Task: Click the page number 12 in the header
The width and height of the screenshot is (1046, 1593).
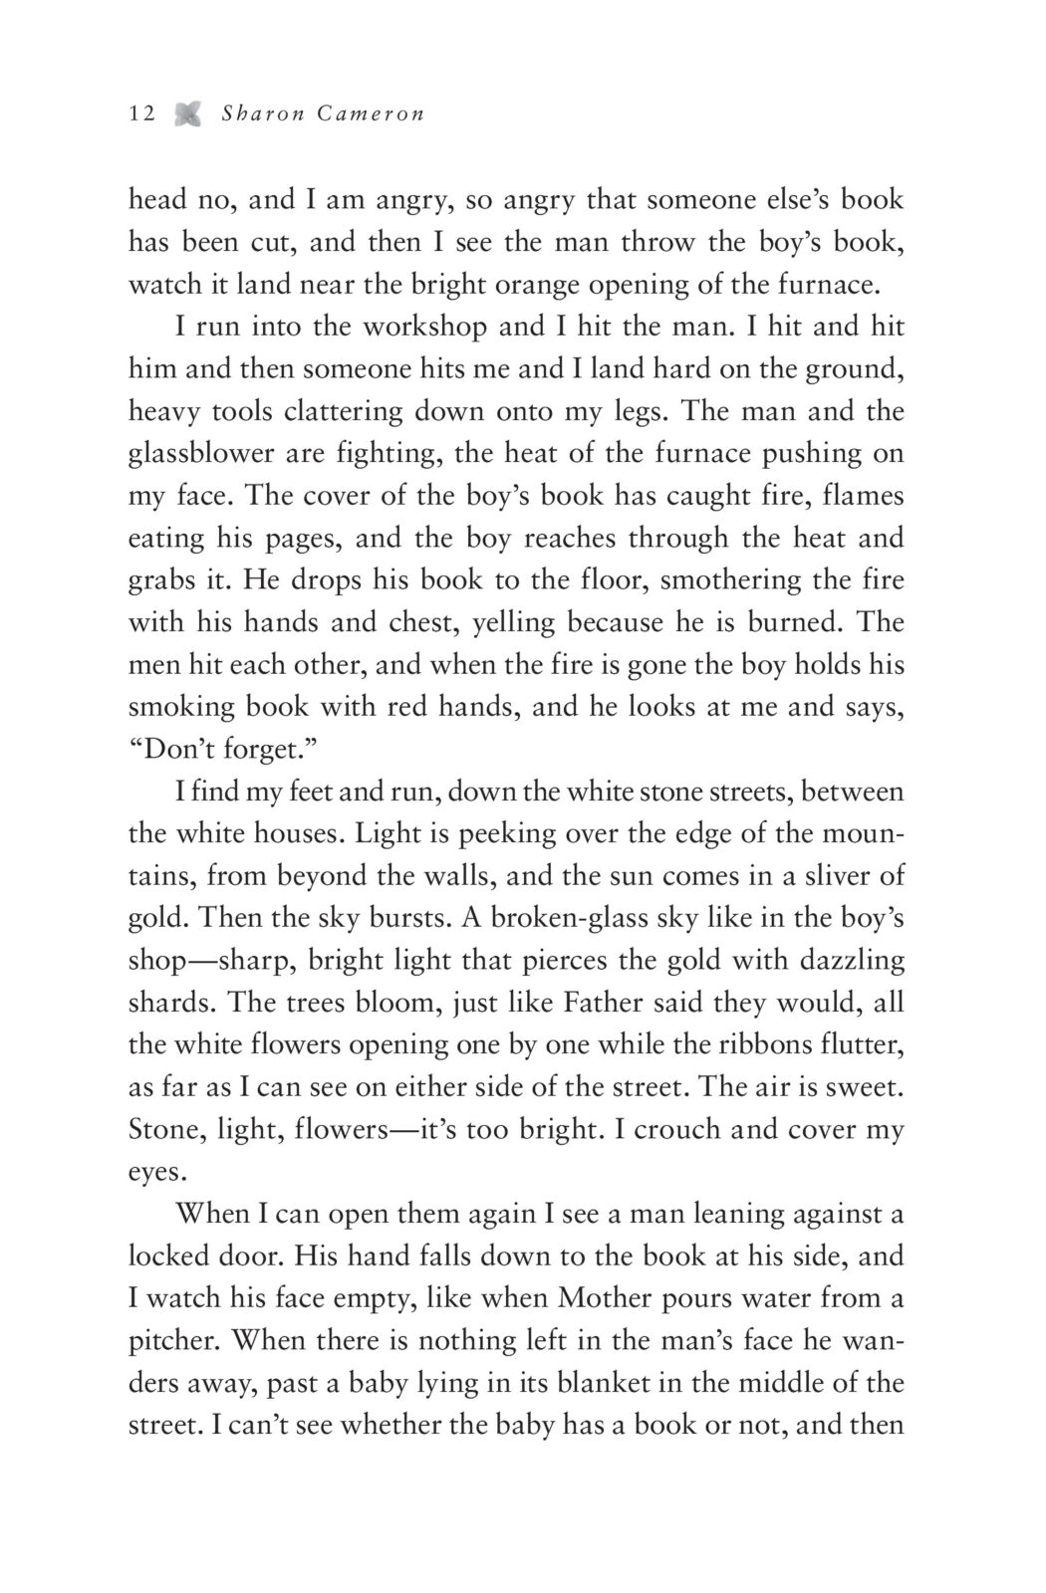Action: point(141,114)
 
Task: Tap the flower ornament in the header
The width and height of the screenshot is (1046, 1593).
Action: point(186,114)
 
